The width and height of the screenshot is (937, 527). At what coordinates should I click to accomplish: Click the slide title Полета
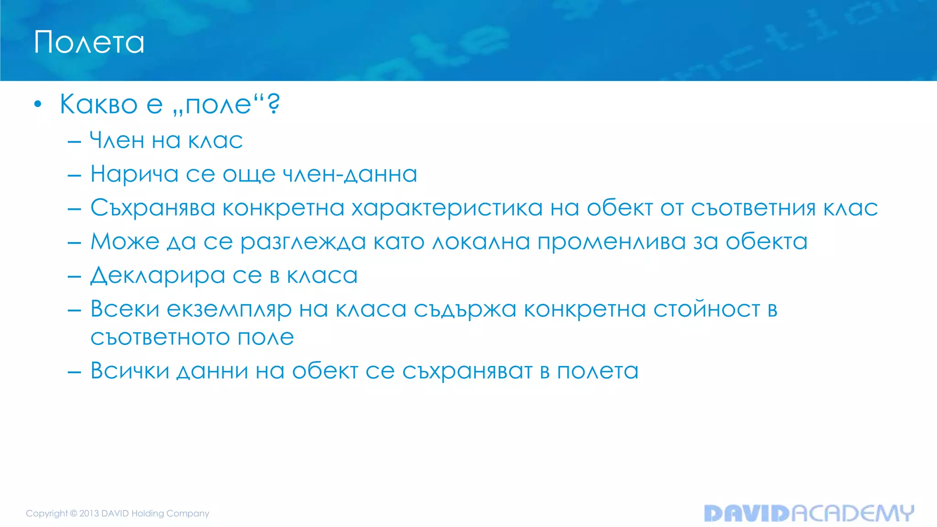(89, 43)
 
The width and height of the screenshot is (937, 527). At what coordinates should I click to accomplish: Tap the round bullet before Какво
(38, 104)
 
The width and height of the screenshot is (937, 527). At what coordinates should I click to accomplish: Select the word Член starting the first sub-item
(117, 140)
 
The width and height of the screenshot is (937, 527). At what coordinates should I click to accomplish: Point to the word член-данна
(350, 174)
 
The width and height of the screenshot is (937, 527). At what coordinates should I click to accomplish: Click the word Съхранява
(153, 208)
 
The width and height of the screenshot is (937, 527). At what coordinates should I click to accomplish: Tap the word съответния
(753, 208)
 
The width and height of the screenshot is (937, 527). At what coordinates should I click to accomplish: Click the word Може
(125, 242)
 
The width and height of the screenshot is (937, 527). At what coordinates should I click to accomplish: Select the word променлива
(611, 242)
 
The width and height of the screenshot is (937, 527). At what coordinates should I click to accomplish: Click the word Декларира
(158, 276)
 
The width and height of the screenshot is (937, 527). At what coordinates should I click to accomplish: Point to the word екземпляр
(229, 310)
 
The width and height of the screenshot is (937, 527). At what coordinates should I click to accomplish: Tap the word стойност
(706, 310)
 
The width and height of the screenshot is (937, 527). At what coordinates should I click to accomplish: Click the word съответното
(160, 338)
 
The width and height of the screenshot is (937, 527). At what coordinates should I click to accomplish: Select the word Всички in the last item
(130, 371)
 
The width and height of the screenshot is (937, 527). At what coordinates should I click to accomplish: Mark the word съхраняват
(467, 371)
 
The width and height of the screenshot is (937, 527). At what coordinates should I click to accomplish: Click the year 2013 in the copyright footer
(89, 513)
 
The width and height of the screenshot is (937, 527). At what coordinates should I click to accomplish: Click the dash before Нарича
(74, 175)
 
